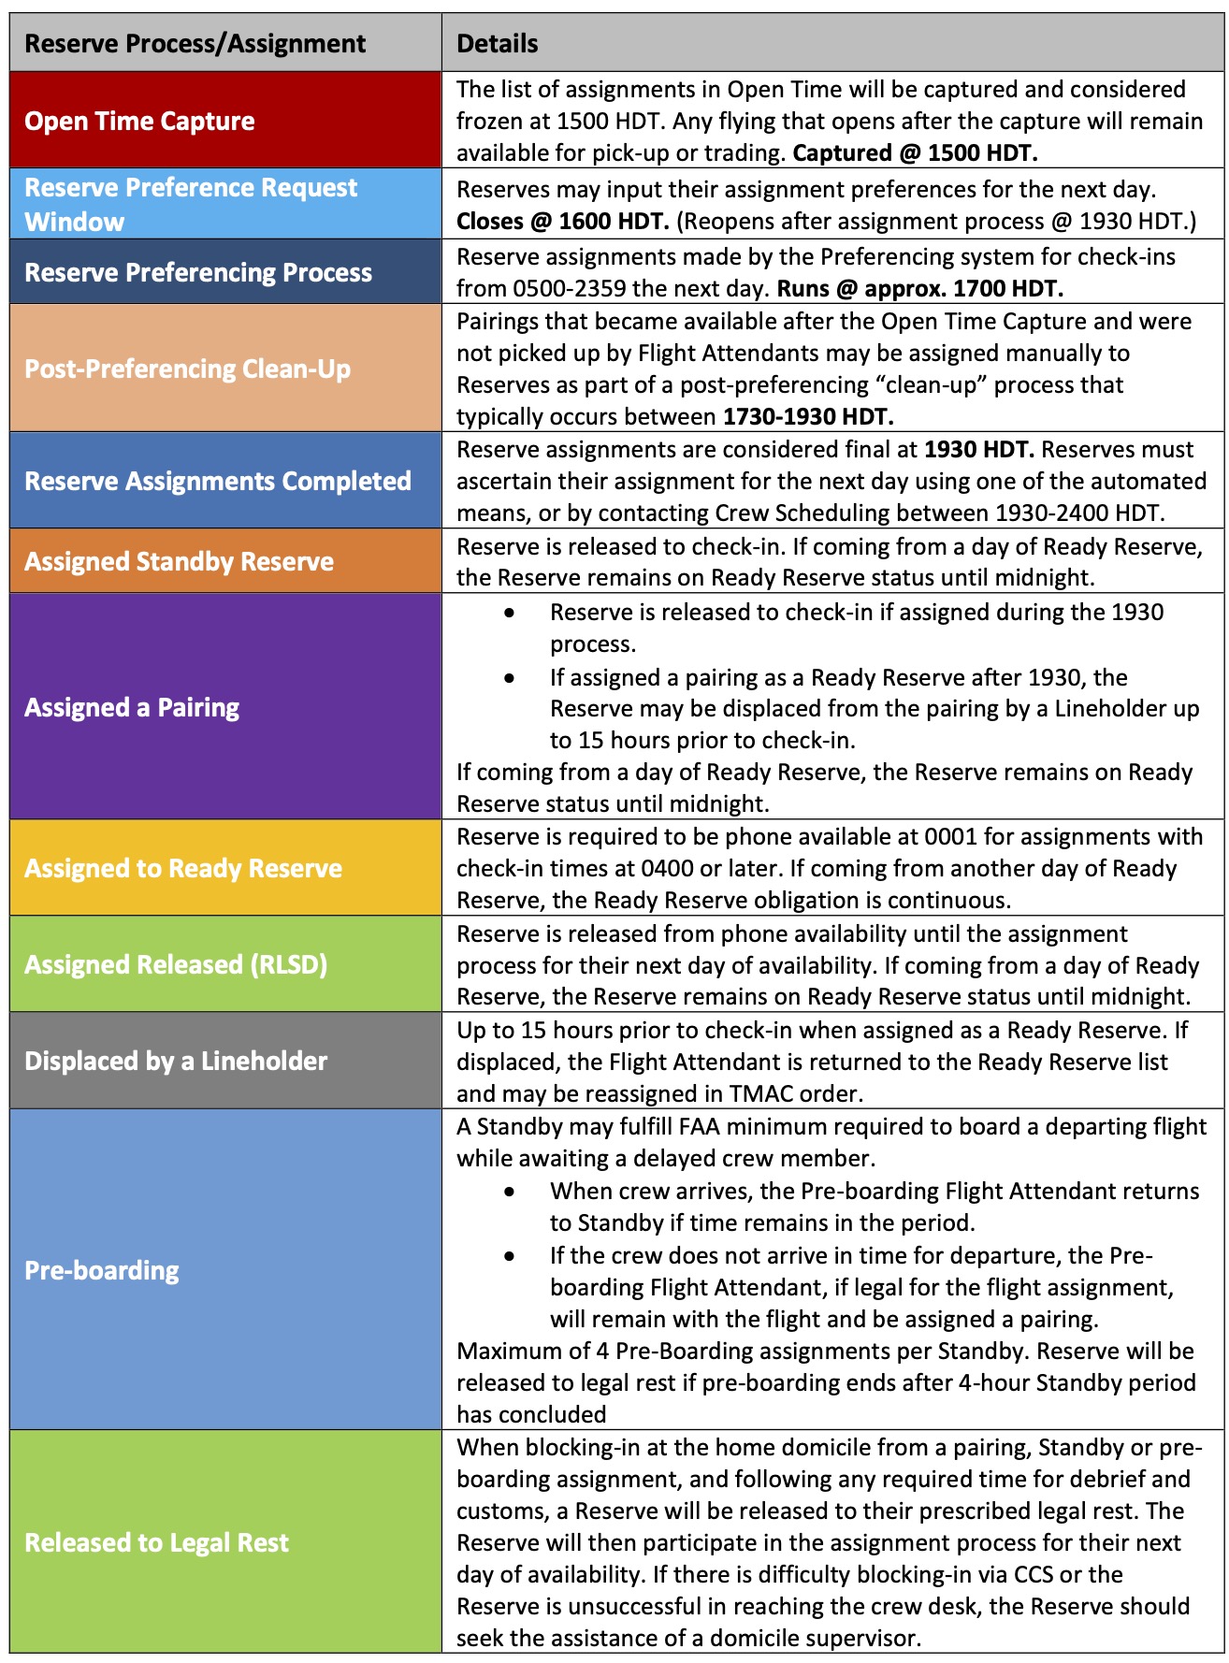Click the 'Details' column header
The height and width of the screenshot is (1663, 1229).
coord(497,44)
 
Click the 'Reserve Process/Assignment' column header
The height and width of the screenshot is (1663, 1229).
coord(195,44)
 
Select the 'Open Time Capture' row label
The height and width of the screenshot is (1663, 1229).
coord(139,121)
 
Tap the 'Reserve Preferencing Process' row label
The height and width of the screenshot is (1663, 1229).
coord(198,272)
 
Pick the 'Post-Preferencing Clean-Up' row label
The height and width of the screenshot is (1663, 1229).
coord(187,369)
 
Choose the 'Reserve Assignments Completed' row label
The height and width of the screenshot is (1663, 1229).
coord(218,481)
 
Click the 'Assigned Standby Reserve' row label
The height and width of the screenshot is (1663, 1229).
coord(179,561)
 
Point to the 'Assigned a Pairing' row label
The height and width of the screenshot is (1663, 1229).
coord(132,707)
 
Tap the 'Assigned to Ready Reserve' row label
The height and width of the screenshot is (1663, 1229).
coord(183,868)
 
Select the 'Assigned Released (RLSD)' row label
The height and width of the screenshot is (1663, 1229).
coord(176,964)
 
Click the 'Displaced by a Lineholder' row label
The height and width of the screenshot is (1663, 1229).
coord(176,1061)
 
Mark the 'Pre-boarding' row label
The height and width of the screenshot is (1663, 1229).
coord(101,1270)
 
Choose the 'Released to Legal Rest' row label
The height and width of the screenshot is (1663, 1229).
coord(156,1542)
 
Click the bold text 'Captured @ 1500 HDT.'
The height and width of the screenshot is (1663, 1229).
coord(915,152)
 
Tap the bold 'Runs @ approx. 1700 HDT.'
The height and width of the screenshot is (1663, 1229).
coord(920,288)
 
